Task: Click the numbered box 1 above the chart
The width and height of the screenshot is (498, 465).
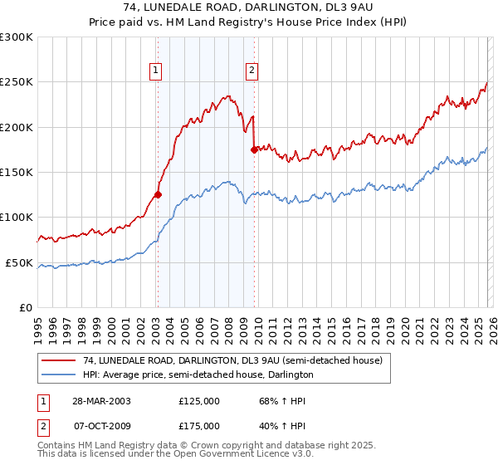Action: pyautogui.click(x=155, y=71)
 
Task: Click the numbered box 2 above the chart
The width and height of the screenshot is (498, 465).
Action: pyautogui.click(x=251, y=71)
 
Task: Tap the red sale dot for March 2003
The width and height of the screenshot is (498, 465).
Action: pyautogui.click(x=158, y=195)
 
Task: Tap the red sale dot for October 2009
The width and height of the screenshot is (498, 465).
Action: pyautogui.click(x=254, y=149)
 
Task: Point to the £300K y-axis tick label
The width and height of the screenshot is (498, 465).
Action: pyautogui.click(x=17, y=37)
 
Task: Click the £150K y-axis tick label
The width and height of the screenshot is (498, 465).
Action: pyautogui.click(x=17, y=173)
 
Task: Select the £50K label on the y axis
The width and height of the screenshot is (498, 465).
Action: pyautogui.click(x=19, y=262)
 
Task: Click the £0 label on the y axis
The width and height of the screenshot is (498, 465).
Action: pyautogui.click(x=25, y=308)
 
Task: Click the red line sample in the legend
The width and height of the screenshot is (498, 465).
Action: pyautogui.click(x=58, y=360)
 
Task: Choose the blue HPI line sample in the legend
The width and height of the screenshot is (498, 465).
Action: pyautogui.click(x=58, y=374)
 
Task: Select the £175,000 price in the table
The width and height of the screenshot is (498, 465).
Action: pyautogui.click(x=199, y=426)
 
